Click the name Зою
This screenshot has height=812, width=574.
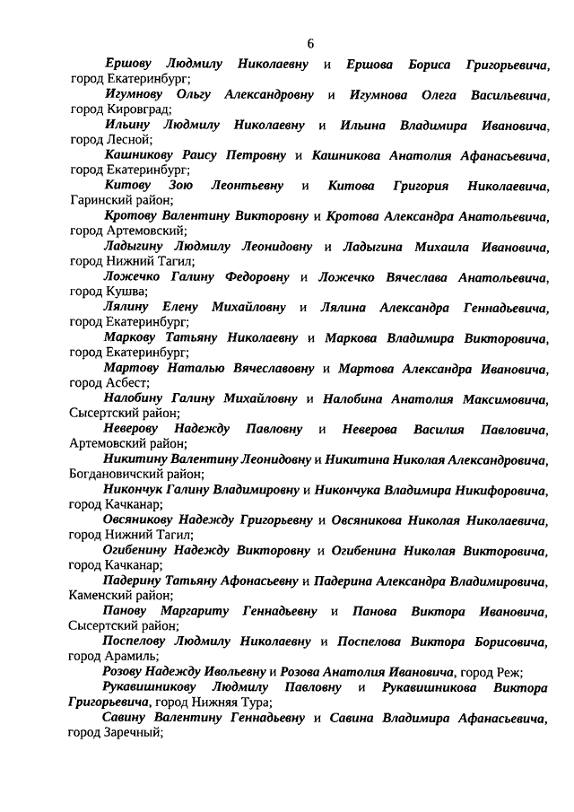coord(196,185)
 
